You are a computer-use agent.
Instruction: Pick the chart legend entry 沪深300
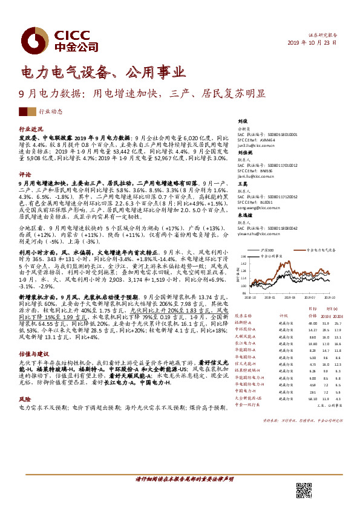(x=267, y=249)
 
